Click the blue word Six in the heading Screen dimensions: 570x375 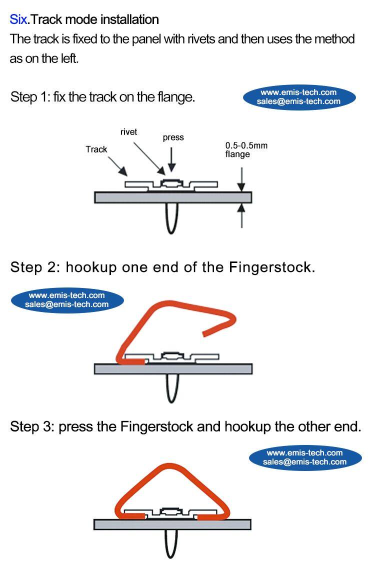(x=17, y=20)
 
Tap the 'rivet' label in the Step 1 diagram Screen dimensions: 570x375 (x=128, y=132)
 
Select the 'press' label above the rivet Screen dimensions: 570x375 (x=173, y=137)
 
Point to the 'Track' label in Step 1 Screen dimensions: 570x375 (x=96, y=149)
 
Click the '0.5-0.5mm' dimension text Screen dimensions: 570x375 (x=246, y=145)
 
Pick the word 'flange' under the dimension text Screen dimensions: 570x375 (x=237, y=154)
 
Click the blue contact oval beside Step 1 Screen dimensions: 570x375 (x=299, y=96)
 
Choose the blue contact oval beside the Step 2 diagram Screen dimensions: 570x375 (x=67, y=299)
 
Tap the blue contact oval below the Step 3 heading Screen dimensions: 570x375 (x=305, y=457)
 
